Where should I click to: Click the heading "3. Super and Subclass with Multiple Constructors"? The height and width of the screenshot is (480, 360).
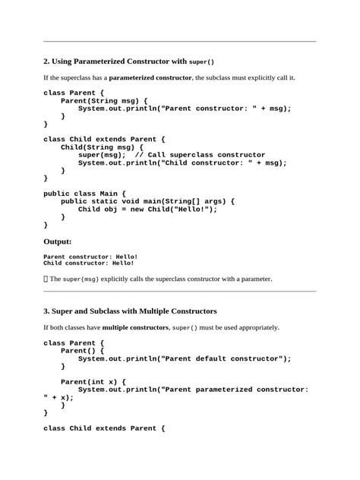[x=131, y=311]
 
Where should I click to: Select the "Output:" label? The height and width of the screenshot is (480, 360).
[x=58, y=242]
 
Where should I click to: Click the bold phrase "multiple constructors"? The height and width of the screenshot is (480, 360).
[x=135, y=327]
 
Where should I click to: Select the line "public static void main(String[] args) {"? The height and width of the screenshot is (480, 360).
[x=148, y=201]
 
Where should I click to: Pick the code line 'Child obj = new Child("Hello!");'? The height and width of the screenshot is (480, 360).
[x=148, y=209]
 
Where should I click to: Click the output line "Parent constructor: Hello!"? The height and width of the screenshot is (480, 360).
[x=91, y=257]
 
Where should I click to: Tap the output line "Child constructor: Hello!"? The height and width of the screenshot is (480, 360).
[x=89, y=264]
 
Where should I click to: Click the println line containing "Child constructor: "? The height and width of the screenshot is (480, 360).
[x=182, y=163]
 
